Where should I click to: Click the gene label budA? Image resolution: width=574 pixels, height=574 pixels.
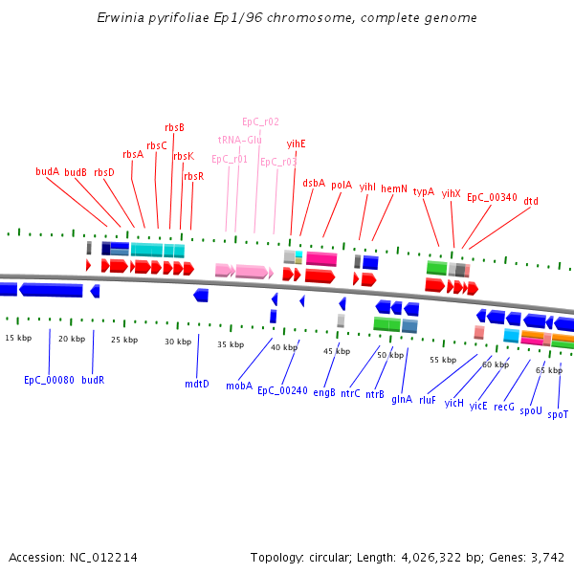[48, 171]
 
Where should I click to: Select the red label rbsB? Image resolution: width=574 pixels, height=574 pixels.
[174, 127]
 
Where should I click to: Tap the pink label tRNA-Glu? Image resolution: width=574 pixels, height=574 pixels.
[239, 140]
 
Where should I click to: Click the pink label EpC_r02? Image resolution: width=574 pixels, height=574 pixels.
[260, 121]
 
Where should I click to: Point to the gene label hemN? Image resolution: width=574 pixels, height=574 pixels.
[394, 188]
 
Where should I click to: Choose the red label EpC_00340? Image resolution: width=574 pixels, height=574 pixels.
[492, 197]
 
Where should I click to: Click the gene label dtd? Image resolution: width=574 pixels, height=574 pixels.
[531, 201]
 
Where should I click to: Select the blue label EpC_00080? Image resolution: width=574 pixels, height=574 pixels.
[49, 380]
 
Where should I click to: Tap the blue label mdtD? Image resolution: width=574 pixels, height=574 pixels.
[196, 384]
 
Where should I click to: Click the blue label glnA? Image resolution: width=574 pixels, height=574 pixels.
[402, 400]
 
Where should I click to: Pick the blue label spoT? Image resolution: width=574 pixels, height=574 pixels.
[558, 414]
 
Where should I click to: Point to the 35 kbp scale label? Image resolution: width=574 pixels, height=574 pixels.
[231, 344]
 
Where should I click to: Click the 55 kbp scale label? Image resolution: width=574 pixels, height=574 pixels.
[443, 360]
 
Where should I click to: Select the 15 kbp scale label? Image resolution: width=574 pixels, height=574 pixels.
[18, 338]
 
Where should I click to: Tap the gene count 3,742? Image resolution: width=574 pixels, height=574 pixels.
[549, 557]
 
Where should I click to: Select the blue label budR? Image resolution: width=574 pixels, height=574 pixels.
[93, 380]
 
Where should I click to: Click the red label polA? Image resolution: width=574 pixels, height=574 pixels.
[342, 185]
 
